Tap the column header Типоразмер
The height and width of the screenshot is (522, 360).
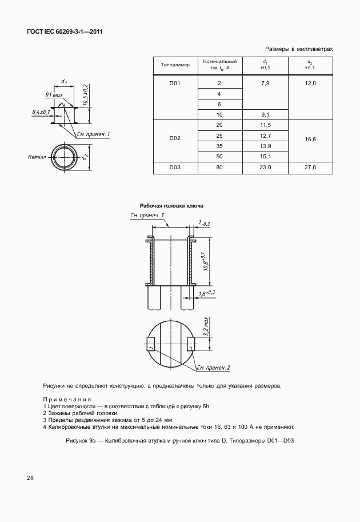point(175,65)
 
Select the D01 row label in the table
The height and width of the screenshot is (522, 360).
point(175,83)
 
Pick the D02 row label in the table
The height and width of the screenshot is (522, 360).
point(175,138)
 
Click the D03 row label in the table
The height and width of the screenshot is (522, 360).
point(175,168)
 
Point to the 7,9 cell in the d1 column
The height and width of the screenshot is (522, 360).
point(265,83)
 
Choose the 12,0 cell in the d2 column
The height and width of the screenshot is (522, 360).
point(310,83)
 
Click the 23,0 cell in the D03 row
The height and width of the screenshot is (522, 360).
point(265,168)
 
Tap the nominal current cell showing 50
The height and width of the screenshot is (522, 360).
point(219,156)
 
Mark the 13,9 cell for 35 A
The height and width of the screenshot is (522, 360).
point(265,146)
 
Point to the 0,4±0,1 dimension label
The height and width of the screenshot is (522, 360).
point(41,112)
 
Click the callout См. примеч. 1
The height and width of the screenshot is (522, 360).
point(93,134)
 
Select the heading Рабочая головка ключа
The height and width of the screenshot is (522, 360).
point(171,206)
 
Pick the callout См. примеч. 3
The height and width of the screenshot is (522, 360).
point(147,216)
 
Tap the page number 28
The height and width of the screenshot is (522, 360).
point(29,477)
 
